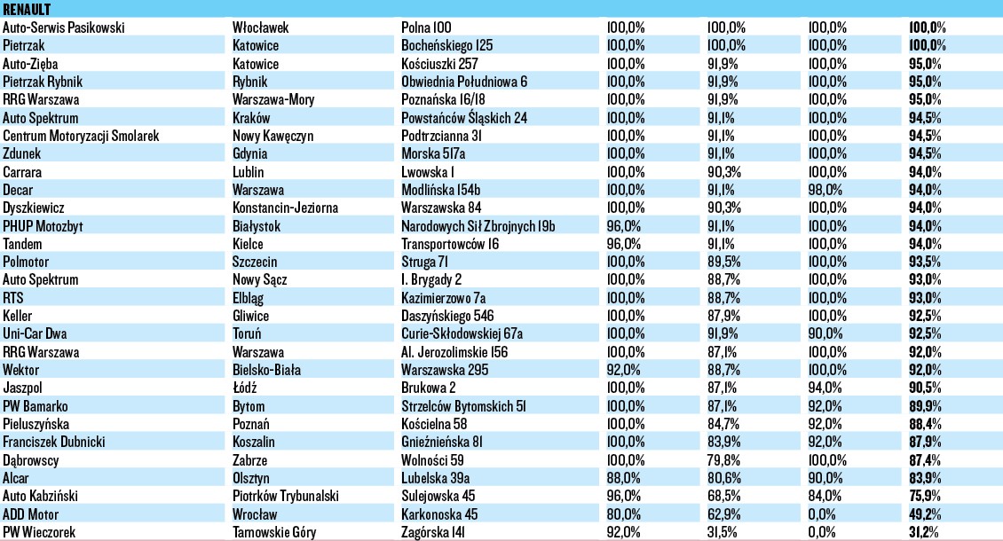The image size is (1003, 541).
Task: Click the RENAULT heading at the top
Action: point(28,8)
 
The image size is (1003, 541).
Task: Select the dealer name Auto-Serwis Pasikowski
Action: point(64,27)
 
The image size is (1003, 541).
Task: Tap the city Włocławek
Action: point(260,27)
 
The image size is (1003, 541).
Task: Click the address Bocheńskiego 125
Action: point(447,44)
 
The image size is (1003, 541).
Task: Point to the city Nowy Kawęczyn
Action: point(272,136)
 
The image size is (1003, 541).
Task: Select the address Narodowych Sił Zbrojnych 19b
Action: point(478,226)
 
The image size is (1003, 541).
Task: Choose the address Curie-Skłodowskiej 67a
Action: point(462,334)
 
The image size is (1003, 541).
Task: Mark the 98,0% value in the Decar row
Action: point(827,190)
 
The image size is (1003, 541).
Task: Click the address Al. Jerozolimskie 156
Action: point(457,352)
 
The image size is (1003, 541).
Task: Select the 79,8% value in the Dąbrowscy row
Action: point(726,460)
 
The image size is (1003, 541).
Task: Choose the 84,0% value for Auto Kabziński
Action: point(827,497)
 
